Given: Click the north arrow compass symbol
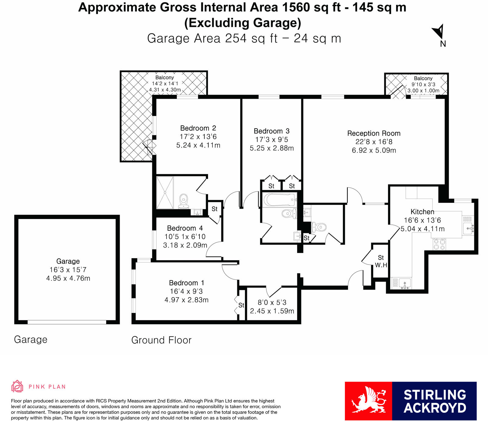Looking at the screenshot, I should pyautogui.click(x=439, y=32).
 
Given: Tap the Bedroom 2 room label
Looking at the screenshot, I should pyautogui.click(x=198, y=128).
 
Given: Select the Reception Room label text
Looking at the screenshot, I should pyautogui.click(x=374, y=133).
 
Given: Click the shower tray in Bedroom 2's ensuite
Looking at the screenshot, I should pyautogui.click(x=165, y=192).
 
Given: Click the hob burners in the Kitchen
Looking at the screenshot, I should pyautogui.click(x=439, y=244).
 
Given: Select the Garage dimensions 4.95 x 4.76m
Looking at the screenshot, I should pyautogui.click(x=68, y=278).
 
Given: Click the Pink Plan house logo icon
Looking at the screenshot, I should pyautogui.click(x=17, y=386).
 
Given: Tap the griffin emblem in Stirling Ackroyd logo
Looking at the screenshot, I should pyautogui.click(x=368, y=401).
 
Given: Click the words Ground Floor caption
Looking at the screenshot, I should pyautogui.click(x=161, y=340).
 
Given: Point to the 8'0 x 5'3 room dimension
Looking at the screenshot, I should pyautogui.click(x=272, y=302).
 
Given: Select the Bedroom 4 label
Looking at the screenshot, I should pyautogui.click(x=185, y=228).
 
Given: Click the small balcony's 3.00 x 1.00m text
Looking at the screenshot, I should pyautogui.click(x=423, y=91).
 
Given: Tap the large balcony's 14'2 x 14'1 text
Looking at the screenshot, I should pyautogui.click(x=165, y=83).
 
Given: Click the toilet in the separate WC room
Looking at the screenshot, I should pyautogui.click(x=319, y=227).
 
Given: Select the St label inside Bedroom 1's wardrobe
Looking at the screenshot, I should pyautogui.click(x=241, y=305).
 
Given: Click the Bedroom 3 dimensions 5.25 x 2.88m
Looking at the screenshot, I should pyautogui.click(x=272, y=148).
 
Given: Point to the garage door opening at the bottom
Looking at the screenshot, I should pyautogui.click(x=67, y=322).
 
